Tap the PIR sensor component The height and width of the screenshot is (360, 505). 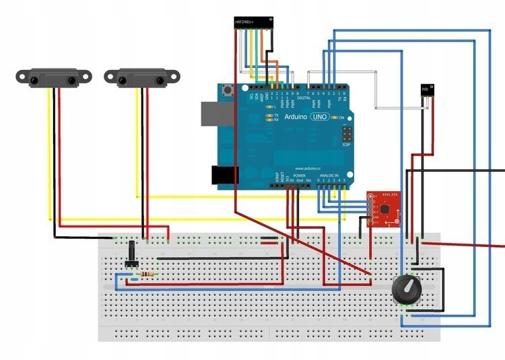[425, 89]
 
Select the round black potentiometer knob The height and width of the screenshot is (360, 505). [407, 289]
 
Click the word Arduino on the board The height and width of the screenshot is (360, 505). [295, 117]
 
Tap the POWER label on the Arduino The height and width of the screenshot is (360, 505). [300, 175]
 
